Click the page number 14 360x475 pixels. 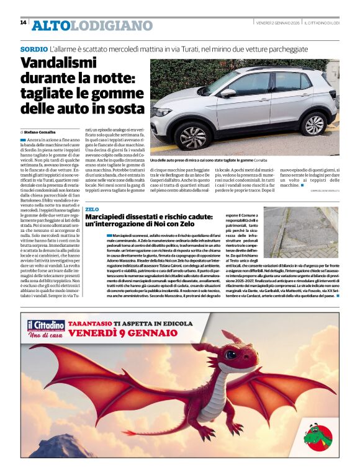[23, 22]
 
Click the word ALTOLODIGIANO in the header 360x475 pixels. [92, 25]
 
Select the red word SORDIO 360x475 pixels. [34, 49]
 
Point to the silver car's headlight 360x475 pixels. [163, 112]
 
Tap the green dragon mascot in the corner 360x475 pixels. [320, 434]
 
